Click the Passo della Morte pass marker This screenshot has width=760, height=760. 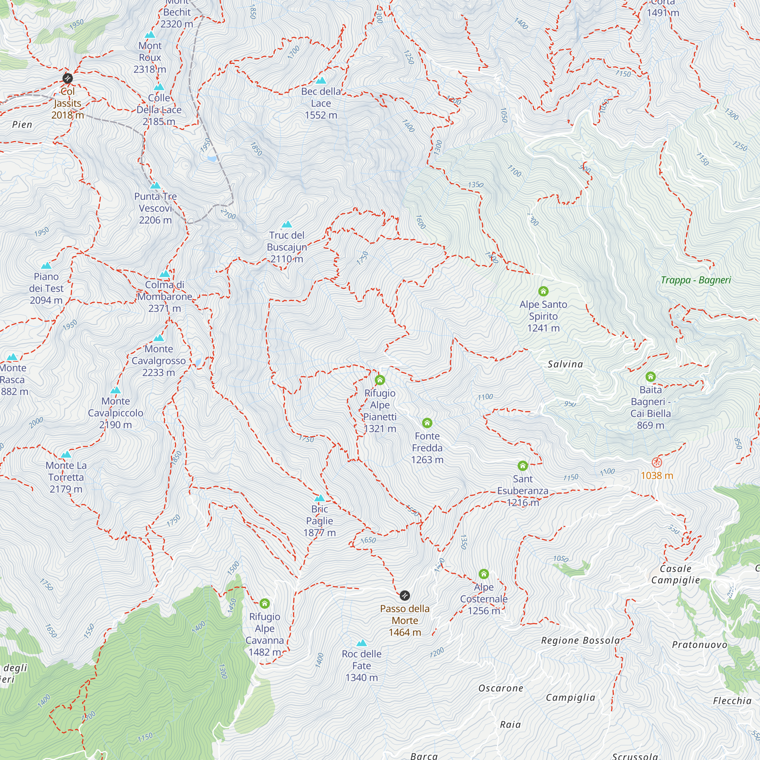(405, 595)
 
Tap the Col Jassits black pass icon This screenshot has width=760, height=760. (68, 78)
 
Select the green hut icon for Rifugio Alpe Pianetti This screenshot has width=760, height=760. (380, 380)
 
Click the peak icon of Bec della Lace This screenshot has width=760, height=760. (321, 81)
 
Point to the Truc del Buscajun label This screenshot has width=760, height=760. (287, 247)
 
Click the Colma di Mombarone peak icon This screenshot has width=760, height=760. (165, 274)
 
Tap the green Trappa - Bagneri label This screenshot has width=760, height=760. (695, 280)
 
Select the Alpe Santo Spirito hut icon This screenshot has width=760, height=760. (543, 291)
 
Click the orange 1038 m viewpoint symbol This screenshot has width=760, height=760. (657, 462)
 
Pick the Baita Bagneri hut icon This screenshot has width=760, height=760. (651, 377)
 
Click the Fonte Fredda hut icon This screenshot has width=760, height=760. (427, 423)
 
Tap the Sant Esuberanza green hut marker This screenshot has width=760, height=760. (522, 466)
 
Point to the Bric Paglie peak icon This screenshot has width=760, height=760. (320, 498)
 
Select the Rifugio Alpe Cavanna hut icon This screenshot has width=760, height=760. (265, 603)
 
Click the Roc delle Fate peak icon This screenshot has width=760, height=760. (361, 643)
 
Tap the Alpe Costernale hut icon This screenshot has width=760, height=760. (484, 574)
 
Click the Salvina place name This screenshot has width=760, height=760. (565, 364)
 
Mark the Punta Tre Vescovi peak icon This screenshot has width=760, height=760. (155, 186)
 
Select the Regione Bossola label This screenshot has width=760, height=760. (580, 640)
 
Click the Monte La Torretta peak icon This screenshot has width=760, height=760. (66, 455)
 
